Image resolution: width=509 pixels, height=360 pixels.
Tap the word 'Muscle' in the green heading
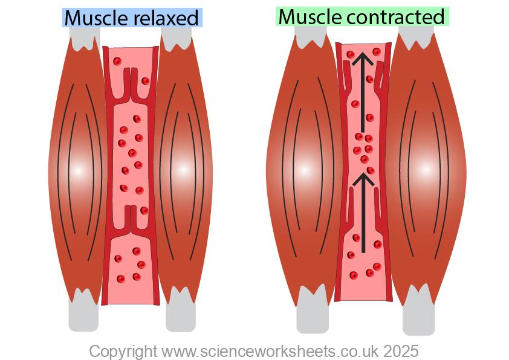click(x=310, y=17)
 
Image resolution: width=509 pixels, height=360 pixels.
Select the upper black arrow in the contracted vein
click(x=363, y=91)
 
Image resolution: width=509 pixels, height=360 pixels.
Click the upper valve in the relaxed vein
click(x=131, y=88)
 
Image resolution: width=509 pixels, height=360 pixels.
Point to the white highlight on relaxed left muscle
click(x=77, y=170)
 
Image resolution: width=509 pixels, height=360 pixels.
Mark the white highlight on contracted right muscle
click(x=426, y=170)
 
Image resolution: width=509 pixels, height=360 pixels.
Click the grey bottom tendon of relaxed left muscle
click(x=83, y=315)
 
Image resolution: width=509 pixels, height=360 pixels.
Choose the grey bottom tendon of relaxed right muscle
click(x=180, y=315)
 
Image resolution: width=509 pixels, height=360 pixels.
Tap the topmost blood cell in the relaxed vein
click(x=117, y=61)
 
